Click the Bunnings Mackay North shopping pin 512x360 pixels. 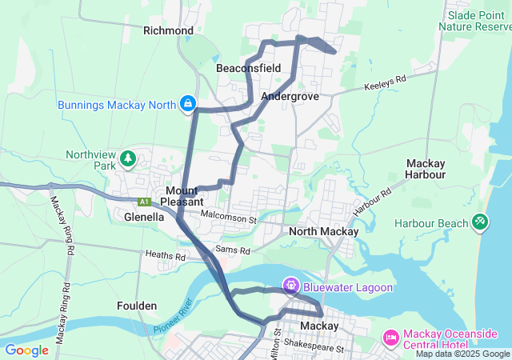(x=187, y=102)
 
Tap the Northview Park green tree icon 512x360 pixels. (x=127, y=158)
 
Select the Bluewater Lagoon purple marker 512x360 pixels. (x=290, y=285)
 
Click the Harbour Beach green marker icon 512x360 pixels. (x=480, y=221)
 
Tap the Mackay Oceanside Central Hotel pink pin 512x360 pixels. (x=391, y=338)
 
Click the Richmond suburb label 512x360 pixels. (x=168, y=30)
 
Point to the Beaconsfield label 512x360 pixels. (x=248, y=69)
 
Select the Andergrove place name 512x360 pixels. (x=290, y=96)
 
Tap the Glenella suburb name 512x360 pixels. (x=133, y=216)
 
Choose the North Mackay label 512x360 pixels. (x=323, y=231)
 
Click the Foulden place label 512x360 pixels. (x=137, y=306)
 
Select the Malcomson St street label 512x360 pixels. (x=228, y=217)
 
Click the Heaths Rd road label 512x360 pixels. (x=165, y=257)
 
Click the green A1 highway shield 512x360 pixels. (x=144, y=202)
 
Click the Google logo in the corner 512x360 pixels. (x=26, y=350)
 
